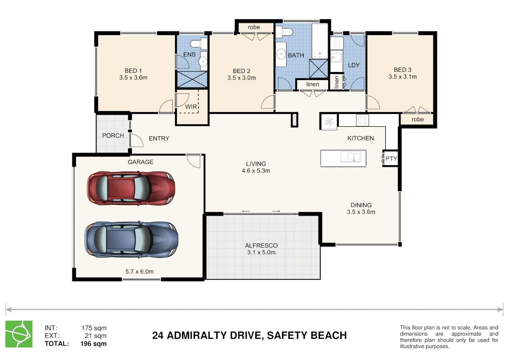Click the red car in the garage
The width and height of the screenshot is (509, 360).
(x=131, y=188)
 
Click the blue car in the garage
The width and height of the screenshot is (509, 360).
(x=131, y=240)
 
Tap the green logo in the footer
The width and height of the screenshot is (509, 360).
(x=19, y=334)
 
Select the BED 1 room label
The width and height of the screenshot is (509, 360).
(x=133, y=71)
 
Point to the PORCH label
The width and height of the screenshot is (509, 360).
(x=113, y=135)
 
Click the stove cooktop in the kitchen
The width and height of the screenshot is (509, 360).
(x=362, y=120)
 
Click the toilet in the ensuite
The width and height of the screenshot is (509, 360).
(x=199, y=43)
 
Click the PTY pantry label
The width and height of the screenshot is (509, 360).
(x=391, y=158)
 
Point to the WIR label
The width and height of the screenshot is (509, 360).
(x=191, y=106)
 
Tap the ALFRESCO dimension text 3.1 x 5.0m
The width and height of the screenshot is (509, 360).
(x=261, y=252)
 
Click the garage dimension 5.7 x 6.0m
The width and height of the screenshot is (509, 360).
(x=140, y=271)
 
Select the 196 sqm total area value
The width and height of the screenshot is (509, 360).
(x=93, y=343)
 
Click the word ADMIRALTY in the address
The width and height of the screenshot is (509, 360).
(x=197, y=335)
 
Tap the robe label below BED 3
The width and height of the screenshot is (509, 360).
(x=418, y=119)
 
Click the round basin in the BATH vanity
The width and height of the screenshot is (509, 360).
(x=281, y=54)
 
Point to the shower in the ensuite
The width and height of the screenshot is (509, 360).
(x=192, y=79)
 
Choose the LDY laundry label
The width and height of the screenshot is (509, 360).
(x=354, y=65)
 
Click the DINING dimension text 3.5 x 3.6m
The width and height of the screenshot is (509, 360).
(x=361, y=212)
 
